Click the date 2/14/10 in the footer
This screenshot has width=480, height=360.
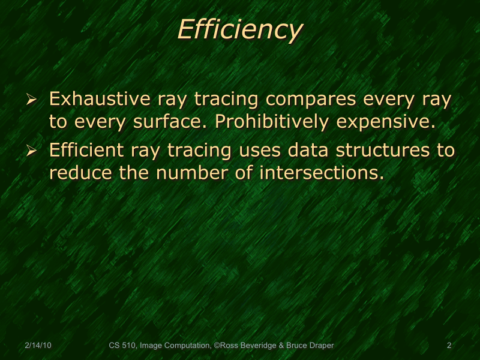point(38,346)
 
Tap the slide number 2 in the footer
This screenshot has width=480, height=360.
point(449,346)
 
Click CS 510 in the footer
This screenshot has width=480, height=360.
point(122,346)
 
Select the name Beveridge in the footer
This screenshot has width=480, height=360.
point(261,346)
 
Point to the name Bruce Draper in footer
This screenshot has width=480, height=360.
point(311,346)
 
